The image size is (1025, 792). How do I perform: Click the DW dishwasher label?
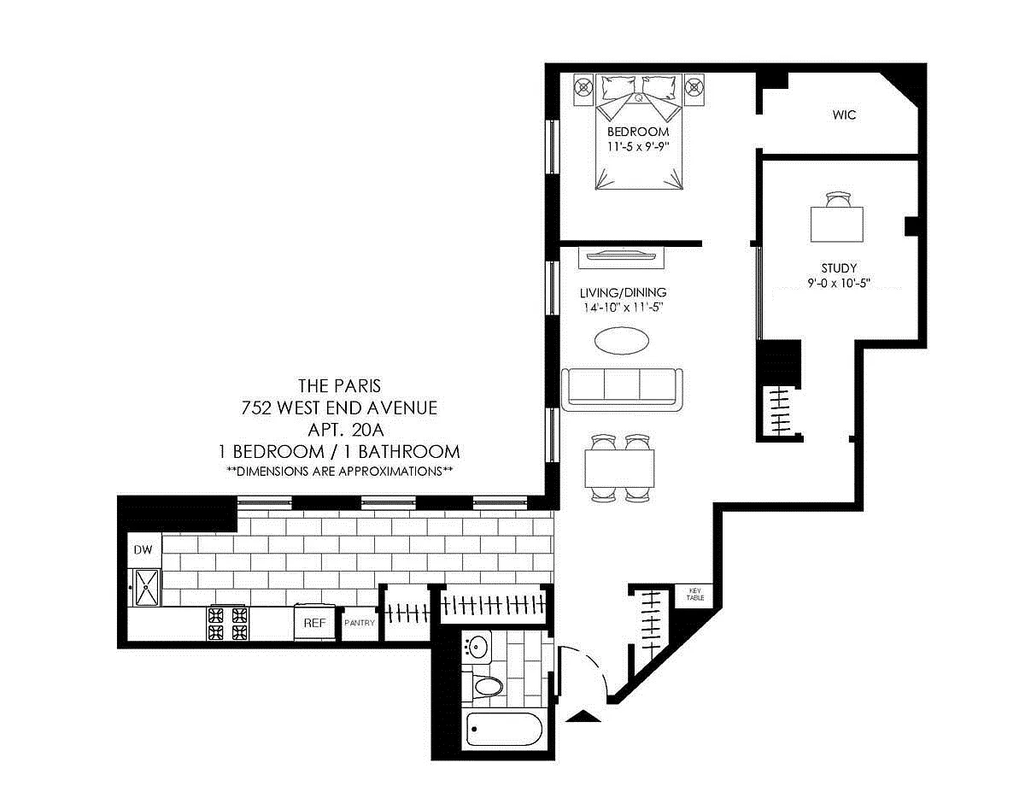143,549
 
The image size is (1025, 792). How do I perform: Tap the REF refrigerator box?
314,623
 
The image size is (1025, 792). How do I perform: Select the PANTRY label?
360,623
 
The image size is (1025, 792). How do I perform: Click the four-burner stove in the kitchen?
228,624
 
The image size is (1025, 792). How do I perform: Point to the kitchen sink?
147,587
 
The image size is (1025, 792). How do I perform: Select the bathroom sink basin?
477,647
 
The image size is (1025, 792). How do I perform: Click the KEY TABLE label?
695,595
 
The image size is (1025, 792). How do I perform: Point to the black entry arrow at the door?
583,716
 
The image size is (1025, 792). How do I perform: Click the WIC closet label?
844,114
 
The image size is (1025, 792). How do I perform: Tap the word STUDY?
839,268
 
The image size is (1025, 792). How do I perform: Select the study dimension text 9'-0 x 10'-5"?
839,284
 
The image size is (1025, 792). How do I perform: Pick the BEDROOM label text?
638,132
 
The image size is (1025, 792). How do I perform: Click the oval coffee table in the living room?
621,340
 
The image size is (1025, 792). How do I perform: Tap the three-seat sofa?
622,389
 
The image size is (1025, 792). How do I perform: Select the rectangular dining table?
619,468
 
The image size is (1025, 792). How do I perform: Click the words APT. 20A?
345,430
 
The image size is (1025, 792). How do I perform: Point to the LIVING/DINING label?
623,292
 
